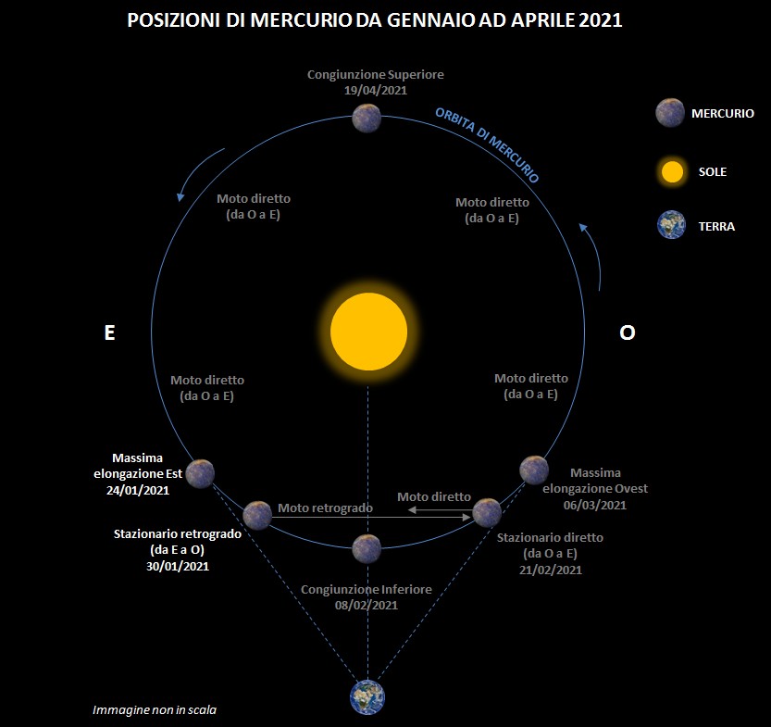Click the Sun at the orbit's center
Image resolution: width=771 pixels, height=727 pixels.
point(368,332)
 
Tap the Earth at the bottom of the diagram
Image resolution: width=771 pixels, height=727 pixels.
point(367,697)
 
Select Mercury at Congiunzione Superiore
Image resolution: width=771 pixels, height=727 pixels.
point(367,118)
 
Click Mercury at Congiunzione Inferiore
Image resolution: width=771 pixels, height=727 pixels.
point(367,548)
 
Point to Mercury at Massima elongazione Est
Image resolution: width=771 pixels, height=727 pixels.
point(200,473)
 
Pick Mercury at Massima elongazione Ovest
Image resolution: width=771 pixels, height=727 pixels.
point(534,470)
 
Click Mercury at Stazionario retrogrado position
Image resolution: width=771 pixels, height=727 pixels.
point(257,515)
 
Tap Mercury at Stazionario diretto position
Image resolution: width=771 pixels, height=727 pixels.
point(487,512)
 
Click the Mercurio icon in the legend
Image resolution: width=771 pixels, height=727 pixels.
point(670,113)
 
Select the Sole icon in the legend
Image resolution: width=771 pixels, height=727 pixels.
point(672,171)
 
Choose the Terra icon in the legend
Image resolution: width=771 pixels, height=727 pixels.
point(671,225)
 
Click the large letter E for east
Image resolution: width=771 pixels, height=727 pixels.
point(109,333)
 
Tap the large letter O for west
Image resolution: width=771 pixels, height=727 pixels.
point(627,333)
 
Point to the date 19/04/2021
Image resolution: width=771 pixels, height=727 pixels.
point(376,91)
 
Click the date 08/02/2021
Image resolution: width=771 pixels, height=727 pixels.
point(367,605)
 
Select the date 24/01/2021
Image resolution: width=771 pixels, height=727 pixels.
point(138,491)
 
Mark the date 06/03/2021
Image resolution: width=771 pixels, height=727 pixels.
point(595,505)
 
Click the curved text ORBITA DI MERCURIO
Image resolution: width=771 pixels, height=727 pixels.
point(487,144)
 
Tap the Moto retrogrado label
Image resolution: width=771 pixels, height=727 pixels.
point(325,508)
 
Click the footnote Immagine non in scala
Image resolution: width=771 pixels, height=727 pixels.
point(155,709)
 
